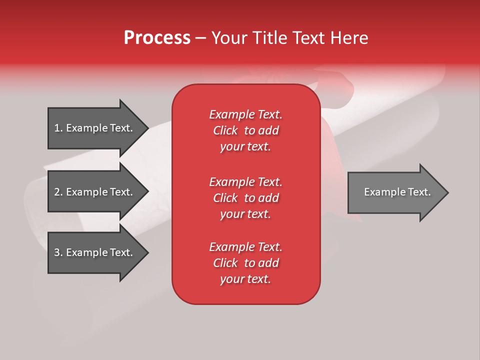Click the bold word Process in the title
(157, 38)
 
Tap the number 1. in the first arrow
(58, 128)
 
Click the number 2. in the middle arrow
(58, 192)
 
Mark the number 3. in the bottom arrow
(58, 252)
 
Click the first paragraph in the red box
(245, 130)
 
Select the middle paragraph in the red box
(245, 198)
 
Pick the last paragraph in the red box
(245, 263)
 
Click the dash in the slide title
(200, 38)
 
